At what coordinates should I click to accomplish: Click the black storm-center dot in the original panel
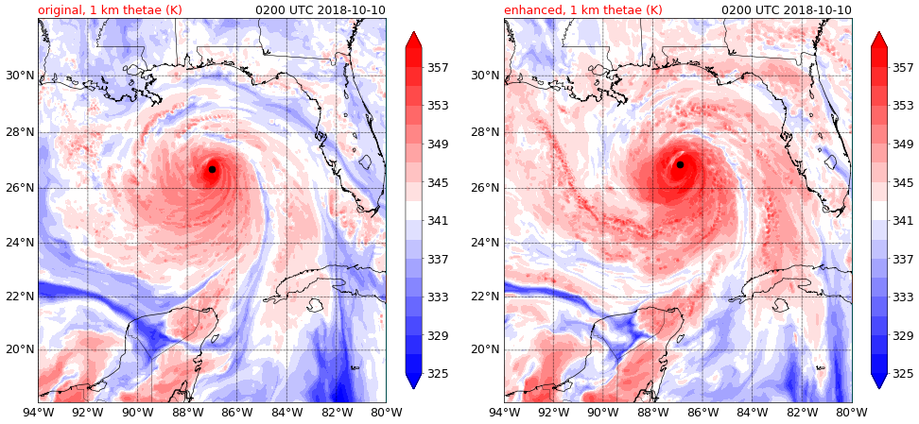(212, 169)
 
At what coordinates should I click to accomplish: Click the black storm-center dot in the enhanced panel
(680, 164)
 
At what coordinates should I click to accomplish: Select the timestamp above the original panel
(321, 10)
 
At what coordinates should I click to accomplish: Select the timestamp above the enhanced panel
(787, 10)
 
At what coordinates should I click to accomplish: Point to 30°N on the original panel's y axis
(21, 76)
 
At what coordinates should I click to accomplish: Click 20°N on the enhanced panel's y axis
(488, 349)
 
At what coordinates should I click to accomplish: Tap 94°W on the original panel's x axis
(38, 413)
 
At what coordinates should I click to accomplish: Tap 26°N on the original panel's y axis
(21, 188)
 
